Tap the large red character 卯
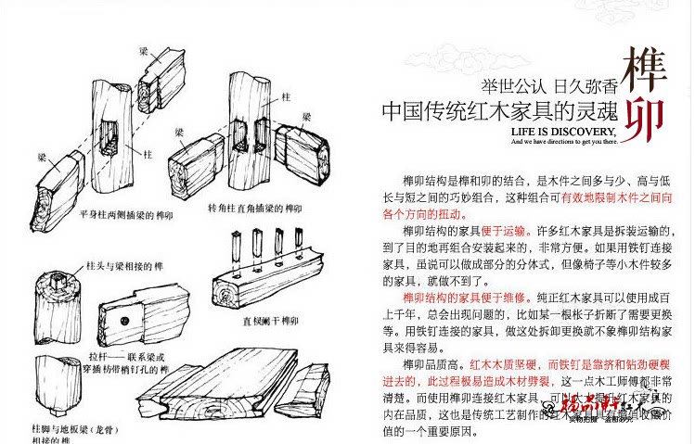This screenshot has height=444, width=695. click(642, 119)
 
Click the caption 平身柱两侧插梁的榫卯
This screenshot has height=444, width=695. click(126, 211)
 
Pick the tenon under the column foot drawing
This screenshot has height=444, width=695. click(55, 405)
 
